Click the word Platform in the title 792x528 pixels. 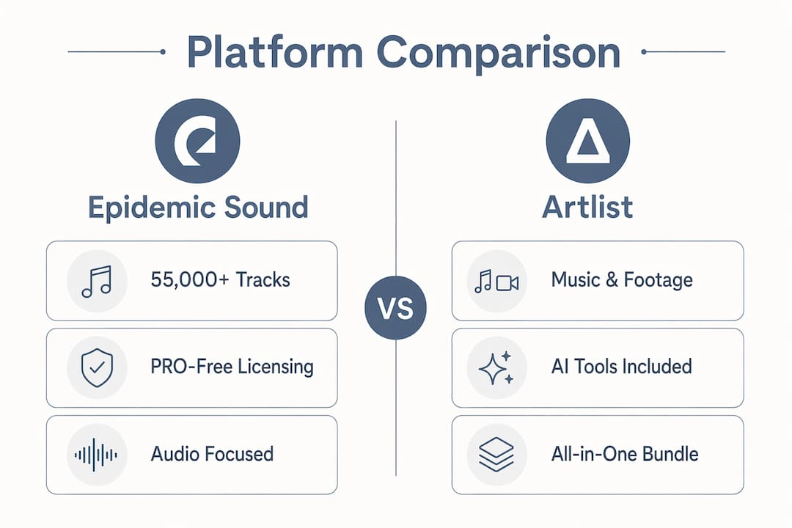[x=275, y=52]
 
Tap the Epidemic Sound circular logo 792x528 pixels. [x=197, y=141]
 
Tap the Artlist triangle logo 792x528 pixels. [x=588, y=141]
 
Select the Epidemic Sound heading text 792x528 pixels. [x=198, y=208]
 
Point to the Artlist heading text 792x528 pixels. [x=587, y=207]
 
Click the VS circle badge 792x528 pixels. [x=395, y=308]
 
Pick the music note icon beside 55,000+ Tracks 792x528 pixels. [x=97, y=282]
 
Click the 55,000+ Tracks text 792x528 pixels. [x=220, y=280]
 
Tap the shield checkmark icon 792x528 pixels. [x=97, y=367]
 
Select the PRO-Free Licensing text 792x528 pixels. [x=232, y=367]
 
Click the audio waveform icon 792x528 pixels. [x=96, y=455]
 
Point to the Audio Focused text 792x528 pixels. [x=212, y=454]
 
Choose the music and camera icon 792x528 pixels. [x=496, y=282]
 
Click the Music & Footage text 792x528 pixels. [x=622, y=280]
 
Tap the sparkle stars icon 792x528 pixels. [x=496, y=368]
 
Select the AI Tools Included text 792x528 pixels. [x=621, y=367]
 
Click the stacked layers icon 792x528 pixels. [x=496, y=454]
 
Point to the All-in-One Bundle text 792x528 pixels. [x=625, y=454]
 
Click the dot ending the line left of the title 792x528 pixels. [x=163, y=51]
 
